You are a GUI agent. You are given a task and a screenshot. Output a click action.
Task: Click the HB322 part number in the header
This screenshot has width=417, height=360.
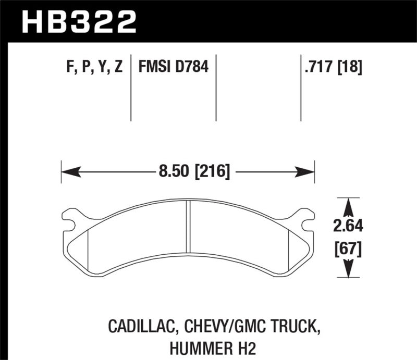78,22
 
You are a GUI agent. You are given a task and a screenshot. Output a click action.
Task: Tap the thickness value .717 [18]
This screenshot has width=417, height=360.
332,67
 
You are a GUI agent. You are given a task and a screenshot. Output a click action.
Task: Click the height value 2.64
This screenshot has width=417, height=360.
348,227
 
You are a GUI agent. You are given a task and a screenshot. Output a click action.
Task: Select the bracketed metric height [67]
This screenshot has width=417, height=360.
348,249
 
